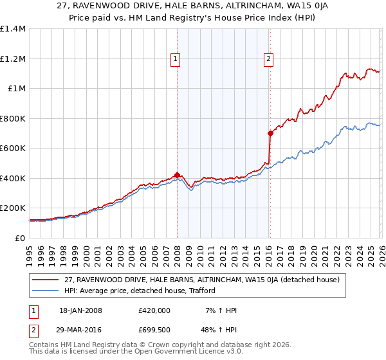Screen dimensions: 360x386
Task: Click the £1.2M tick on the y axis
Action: (x=13, y=59)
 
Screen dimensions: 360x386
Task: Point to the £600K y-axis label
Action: (x=13, y=148)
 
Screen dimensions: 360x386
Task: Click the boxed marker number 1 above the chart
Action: (x=176, y=59)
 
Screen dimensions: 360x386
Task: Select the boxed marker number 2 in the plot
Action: (x=268, y=59)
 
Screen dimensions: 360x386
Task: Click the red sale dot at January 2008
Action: (x=177, y=175)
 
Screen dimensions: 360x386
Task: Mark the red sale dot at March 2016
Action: (x=270, y=133)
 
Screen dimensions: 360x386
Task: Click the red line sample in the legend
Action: (x=46, y=280)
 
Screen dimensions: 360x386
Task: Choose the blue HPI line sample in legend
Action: (x=46, y=291)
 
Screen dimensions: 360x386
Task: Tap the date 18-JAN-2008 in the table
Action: (x=80, y=310)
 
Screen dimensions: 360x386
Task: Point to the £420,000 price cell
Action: (x=154, y=310)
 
